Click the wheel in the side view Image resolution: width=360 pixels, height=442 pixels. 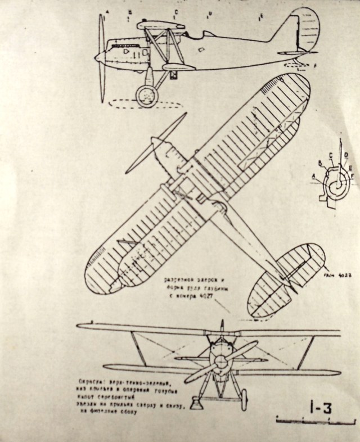tap(147, 96)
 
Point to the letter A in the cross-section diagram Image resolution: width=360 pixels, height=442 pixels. tap(313, 175)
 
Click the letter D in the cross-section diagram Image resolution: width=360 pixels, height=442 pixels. tap(345, 155)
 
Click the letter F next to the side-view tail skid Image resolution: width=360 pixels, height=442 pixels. tap(316, 67)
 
